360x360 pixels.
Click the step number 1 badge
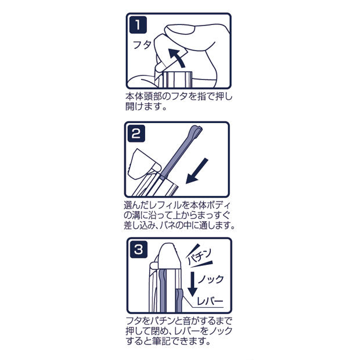[138, 25]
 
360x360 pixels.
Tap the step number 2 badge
[136, 134]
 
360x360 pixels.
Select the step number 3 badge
[139, 250]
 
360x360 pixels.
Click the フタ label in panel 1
[142, 45]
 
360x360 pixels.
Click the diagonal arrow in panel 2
[196, 171]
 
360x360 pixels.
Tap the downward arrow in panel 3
[192, 285]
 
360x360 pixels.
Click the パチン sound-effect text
[199, 256]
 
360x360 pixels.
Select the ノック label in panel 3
[211, 279]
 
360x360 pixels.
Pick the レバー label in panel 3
[210, 301]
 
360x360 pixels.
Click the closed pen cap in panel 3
[168, 257]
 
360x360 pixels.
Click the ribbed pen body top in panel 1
[177, 80]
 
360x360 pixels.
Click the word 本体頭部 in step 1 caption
[145, 96]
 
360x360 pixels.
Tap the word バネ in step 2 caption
[165, 225]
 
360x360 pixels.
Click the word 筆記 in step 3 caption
[161, 341]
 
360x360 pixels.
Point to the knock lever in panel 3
[179, 301]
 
